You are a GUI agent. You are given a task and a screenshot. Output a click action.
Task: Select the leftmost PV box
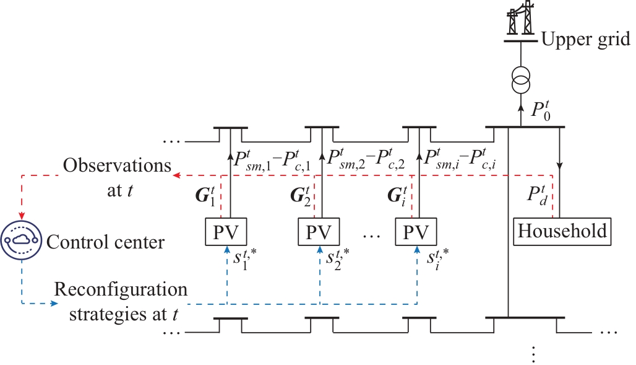(x=226, y=231)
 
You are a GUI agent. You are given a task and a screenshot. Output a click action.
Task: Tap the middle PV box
(x=319, y=231)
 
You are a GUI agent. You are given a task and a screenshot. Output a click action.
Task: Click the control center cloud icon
(x=21, y=240)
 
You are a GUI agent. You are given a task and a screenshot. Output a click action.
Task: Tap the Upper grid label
(x=585, y=41)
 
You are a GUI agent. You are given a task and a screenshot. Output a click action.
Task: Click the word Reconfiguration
(x=121, y=290)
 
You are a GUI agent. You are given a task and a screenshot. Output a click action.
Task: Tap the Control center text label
(x=105, y=242)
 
